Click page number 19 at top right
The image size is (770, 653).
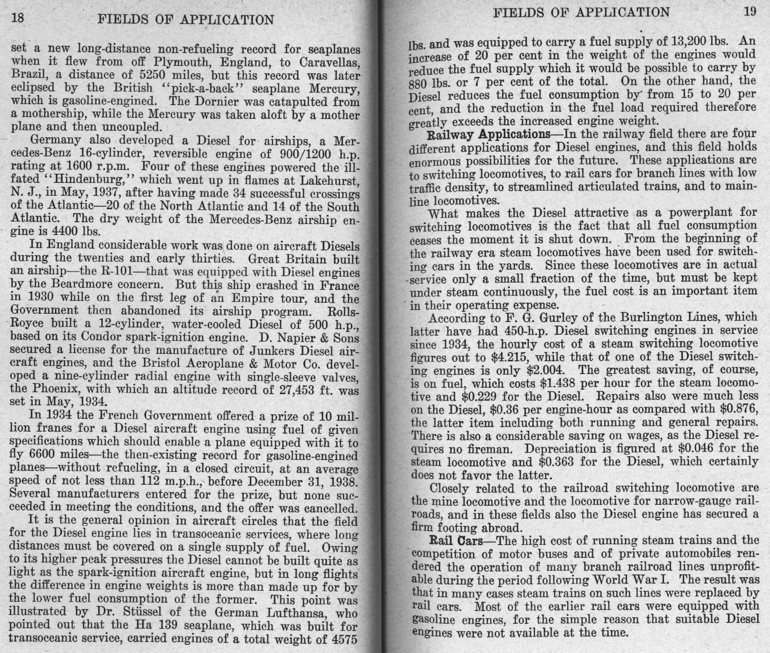tap(750, 12)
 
